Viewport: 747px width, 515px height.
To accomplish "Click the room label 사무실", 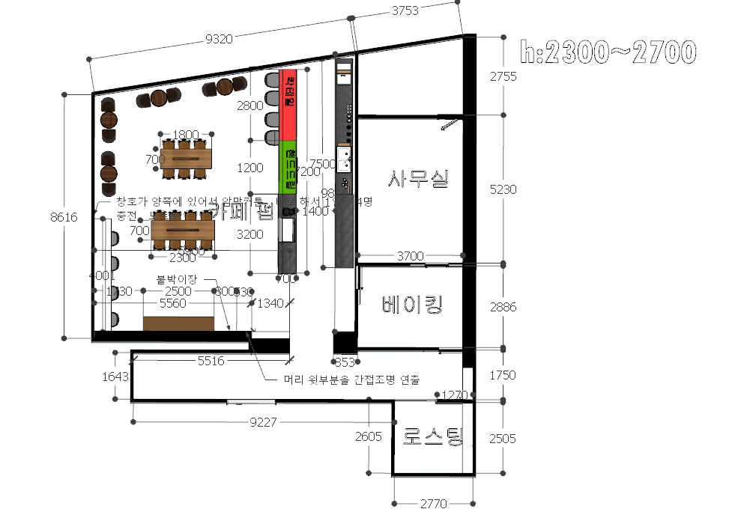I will point(418,178).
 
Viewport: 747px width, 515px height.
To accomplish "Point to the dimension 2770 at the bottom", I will point(433,504).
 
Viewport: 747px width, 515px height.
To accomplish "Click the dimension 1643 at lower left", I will point(115,377).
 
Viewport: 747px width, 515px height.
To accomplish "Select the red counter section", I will point(288,105).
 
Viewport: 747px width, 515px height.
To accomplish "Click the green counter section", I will point(288,166).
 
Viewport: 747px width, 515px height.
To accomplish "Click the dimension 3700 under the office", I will point(410,256).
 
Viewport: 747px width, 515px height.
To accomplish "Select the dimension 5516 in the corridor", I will point(211,361).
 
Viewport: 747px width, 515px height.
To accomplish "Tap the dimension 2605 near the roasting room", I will point(369,436).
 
